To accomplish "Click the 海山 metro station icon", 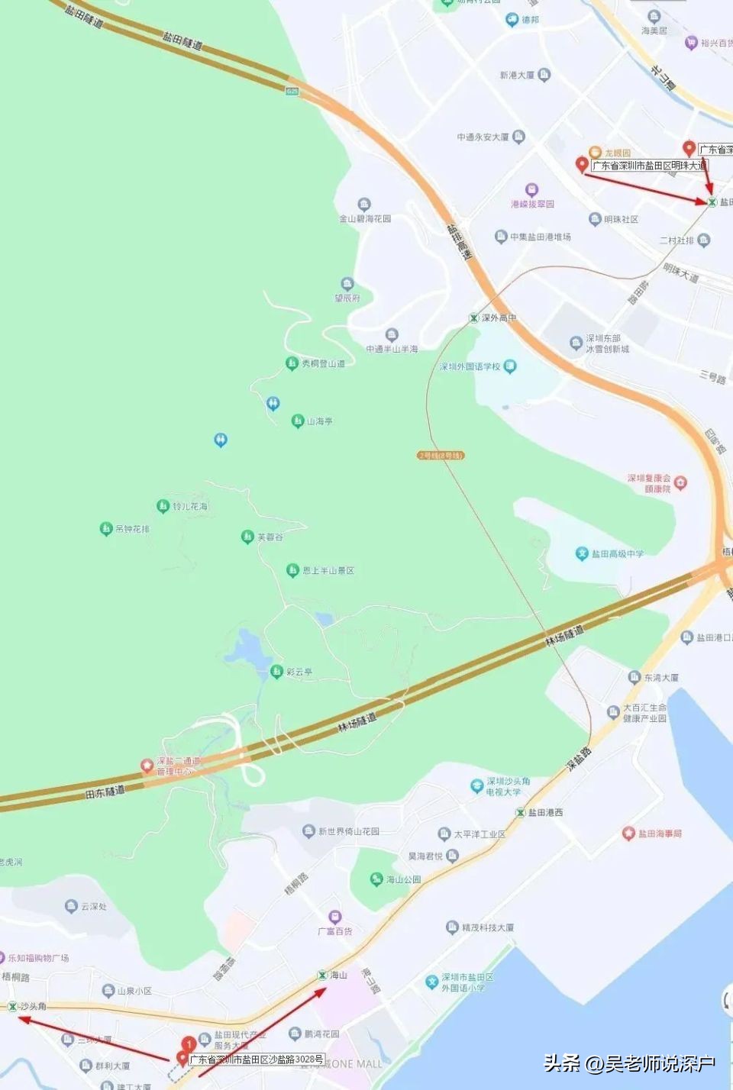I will pyautogui.click(x=321, y=976).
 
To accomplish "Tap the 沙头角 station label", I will pyautogui.click(x=33, y=1007).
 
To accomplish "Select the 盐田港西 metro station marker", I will pyautogui.click(x=521, y=813).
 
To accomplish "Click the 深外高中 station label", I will pyautogui.click(x=499, y=318).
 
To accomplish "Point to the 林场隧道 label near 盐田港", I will pyautogui.click(x=564, y=636).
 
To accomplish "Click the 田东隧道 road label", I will pyautogui.click(x=105, y=792).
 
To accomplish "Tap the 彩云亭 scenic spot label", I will pyautogui.click(x=299, y=672).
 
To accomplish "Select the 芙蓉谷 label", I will pyautogui.click(x=270, y=537).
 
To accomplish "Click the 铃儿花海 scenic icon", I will pyautogui.click(x=163, y=506).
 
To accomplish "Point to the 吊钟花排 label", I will pyautogui.click(x=132, y=529).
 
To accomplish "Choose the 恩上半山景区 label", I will pyautogui.click(x=328, y=570).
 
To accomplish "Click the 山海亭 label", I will pyautogui.click(x=319, y=421).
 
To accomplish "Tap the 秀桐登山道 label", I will pyautogui.click(x=323, y=364).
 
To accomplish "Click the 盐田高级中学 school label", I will pyautogui.click(x=617, y=553).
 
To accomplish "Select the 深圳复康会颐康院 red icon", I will pyautogui.click(x=680, y=482).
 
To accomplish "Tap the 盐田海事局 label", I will pyautogui.click(x=660, y=834).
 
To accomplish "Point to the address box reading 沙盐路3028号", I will pyautogui.click(x=257, y=1059).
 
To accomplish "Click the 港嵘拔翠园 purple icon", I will pyautogui.click(x=531, y=190).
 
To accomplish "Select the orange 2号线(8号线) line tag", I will pyautogui.click(x=441, y=456).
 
